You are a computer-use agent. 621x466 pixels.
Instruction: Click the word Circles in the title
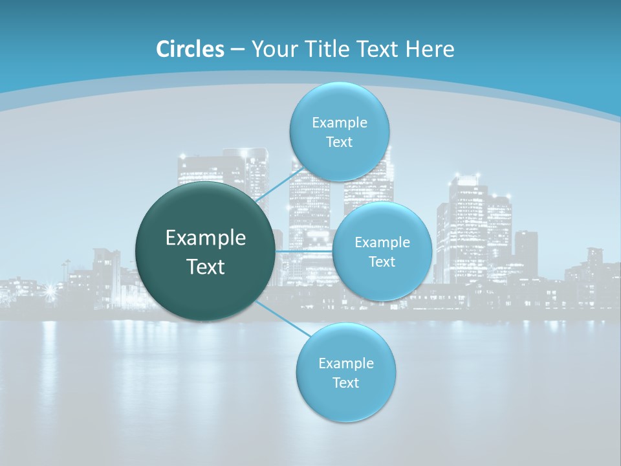190,49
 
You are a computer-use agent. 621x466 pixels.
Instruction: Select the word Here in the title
430,49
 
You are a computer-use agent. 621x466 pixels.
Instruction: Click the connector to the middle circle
303,251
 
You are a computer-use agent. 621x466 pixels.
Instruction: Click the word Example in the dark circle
206,238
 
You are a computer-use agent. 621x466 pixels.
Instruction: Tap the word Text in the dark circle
206,267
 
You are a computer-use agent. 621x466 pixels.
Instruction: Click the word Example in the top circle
340,122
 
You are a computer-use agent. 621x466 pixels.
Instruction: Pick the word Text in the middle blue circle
382,262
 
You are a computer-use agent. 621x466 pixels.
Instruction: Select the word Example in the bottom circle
346,363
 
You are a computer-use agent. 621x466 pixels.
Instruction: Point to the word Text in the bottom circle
345,383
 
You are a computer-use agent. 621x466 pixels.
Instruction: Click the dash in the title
237,49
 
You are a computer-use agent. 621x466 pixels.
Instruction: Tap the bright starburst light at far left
50,291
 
